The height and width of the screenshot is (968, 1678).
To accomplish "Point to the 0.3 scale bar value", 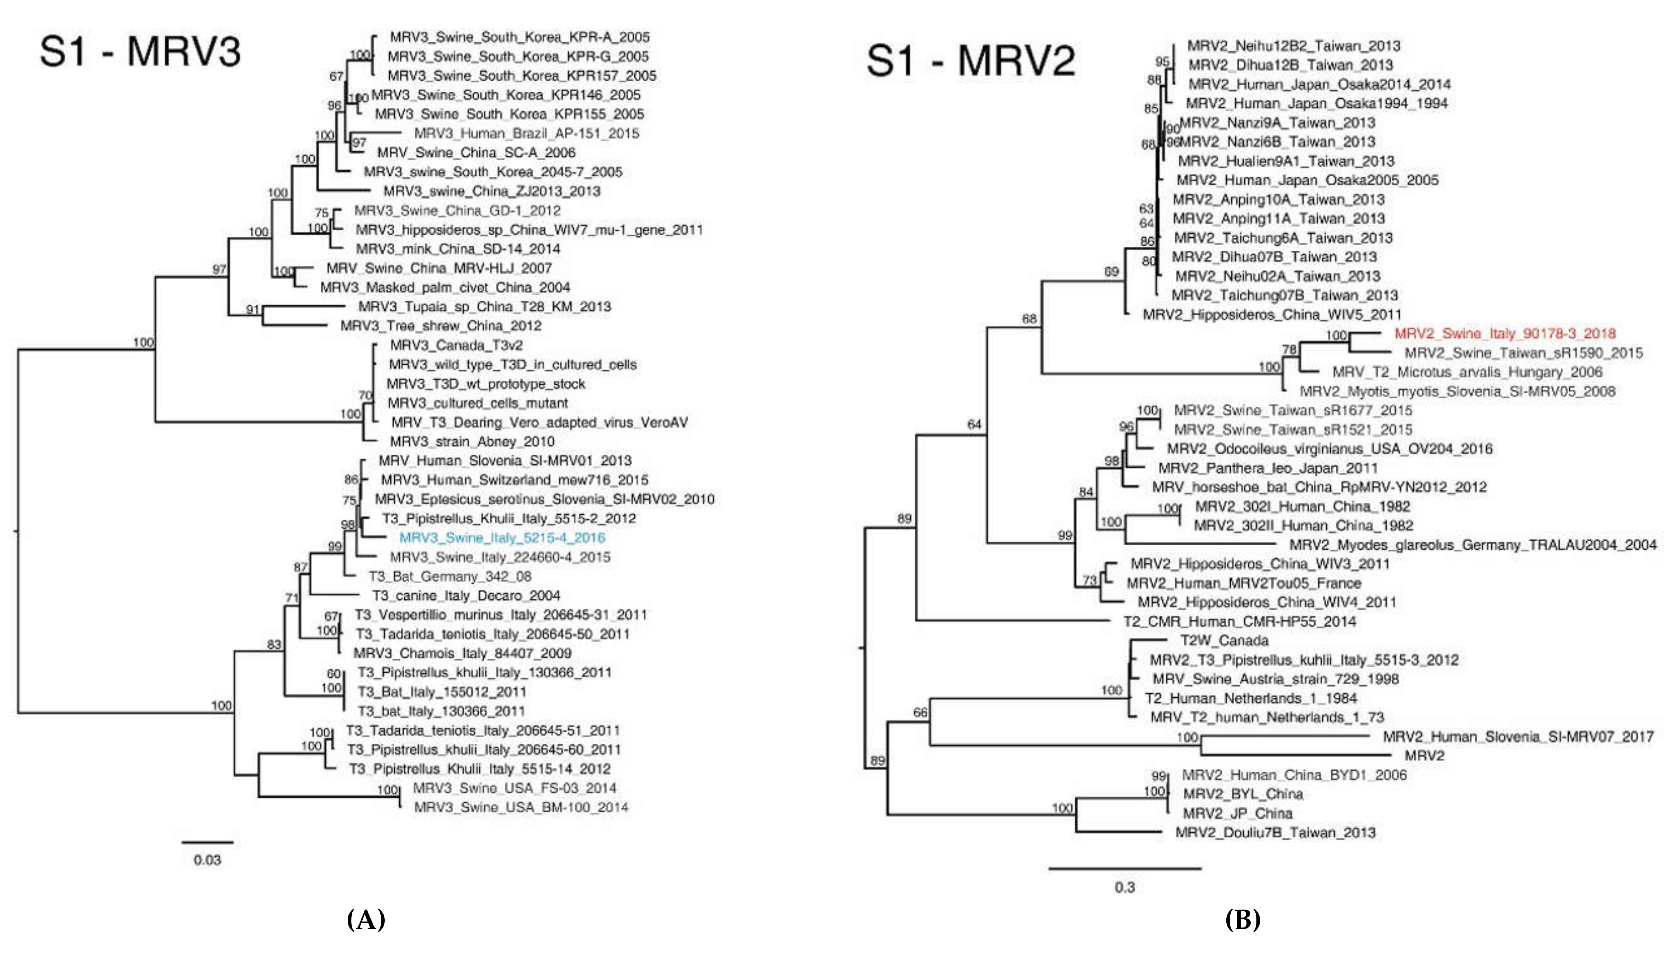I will coord(1125,887).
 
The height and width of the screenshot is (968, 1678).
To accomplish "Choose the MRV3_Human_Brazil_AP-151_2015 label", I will coord(526,133).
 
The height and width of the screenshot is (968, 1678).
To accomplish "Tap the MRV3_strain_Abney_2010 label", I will coord(472,441).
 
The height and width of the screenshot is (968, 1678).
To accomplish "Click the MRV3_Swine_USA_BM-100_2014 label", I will coord(520,807).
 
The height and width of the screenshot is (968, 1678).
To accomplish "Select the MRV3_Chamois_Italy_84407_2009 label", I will coord(462,653).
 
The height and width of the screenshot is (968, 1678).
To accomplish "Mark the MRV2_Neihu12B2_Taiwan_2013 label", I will coord(1293,46).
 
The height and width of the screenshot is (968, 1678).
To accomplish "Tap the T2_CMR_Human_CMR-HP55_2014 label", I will coord(1239,622).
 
